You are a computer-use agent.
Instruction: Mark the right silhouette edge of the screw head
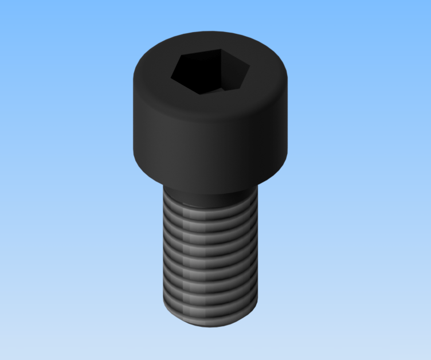285,115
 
